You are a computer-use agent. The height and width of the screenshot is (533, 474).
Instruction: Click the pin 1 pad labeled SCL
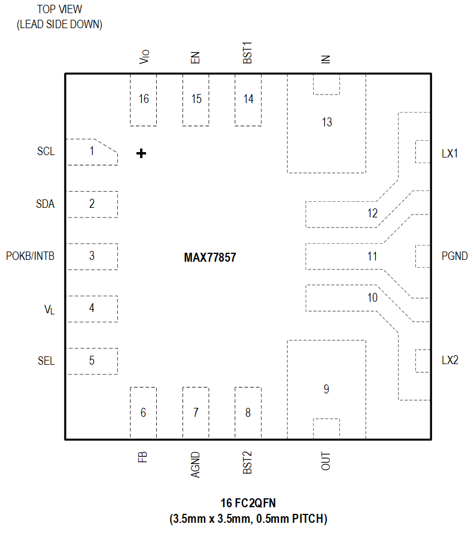[x=91, y=152]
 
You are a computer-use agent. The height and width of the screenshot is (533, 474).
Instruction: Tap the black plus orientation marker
[x=141, y=154]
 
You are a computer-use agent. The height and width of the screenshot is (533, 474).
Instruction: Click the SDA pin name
[x=45, y=204]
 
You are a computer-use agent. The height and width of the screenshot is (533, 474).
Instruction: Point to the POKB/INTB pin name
[x=30, y=256]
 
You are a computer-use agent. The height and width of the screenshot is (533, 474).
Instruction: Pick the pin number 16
[x=143, y=99]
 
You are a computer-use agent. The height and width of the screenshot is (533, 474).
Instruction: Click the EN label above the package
[x=195, y=58]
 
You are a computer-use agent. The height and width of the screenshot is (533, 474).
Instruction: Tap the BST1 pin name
[x=248, y=53]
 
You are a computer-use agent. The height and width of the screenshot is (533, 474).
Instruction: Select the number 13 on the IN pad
[x=326, y=123]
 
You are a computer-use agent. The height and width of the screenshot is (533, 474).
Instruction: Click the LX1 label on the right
[x=449, y=153]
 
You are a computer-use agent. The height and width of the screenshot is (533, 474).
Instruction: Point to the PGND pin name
[x=454, y=257]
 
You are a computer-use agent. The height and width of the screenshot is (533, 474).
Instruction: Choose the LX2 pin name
[x=449, y=361]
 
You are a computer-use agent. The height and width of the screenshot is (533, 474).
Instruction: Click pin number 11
[x=372, y=257]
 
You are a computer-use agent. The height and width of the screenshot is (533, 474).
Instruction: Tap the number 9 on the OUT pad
[x=326, y=389]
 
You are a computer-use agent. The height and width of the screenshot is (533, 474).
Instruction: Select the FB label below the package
[x=142, y=458]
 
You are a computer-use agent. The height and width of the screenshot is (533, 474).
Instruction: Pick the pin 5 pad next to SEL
[x=91, y=361]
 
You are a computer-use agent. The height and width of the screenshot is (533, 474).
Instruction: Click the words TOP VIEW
[x=59, y=10]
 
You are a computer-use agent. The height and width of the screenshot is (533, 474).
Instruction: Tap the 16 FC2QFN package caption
[x=248, y=503]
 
